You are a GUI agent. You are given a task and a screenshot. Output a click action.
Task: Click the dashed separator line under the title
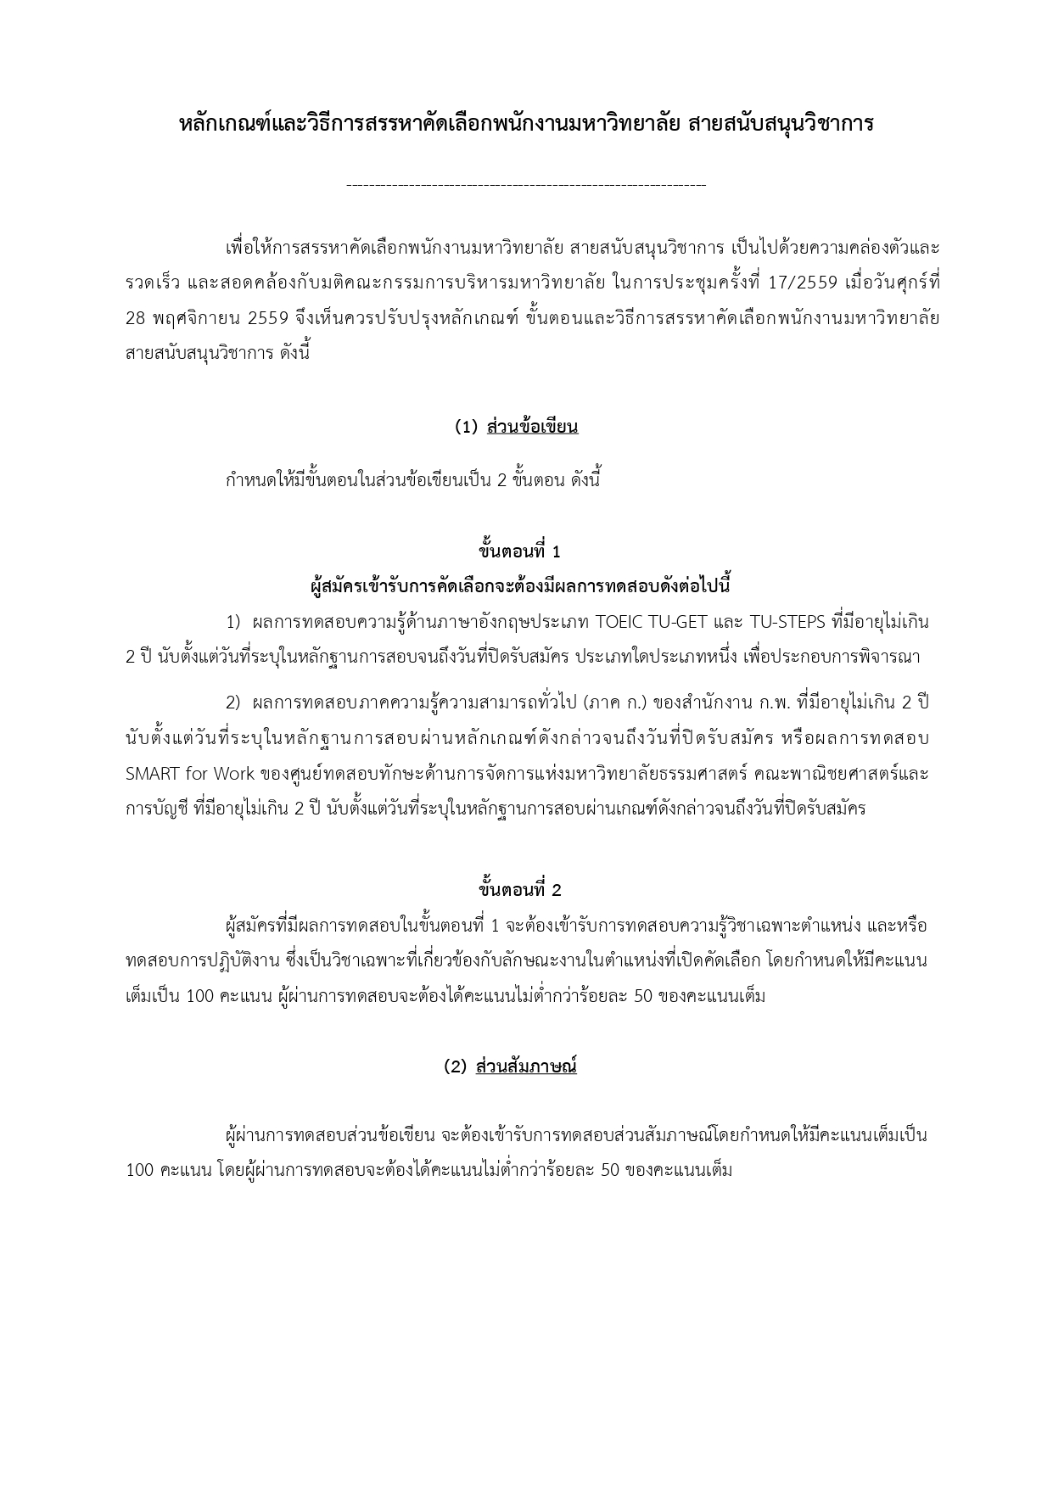(x=526, y=184)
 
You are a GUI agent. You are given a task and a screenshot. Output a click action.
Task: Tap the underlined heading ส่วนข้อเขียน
(x=532, y=427)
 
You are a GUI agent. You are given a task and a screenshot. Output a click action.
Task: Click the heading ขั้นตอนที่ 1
(x=519, y=551)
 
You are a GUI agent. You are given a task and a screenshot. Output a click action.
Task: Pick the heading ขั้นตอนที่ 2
(x=519, y=890)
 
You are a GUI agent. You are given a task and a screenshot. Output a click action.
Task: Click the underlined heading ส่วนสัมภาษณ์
(x=526, y=1066)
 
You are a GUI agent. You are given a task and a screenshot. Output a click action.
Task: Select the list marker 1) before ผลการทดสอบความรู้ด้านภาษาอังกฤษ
(x=233, y=622)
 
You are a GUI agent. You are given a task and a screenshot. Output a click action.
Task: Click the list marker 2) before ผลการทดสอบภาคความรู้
(x=233, y=703)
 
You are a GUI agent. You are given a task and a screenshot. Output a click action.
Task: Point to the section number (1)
(x=467, y=427)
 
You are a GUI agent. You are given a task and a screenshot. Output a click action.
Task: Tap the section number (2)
(x=456, y=1066)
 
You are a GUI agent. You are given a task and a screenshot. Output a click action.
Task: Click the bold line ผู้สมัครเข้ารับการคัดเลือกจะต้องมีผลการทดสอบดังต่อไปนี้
(x=520, y=586)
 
